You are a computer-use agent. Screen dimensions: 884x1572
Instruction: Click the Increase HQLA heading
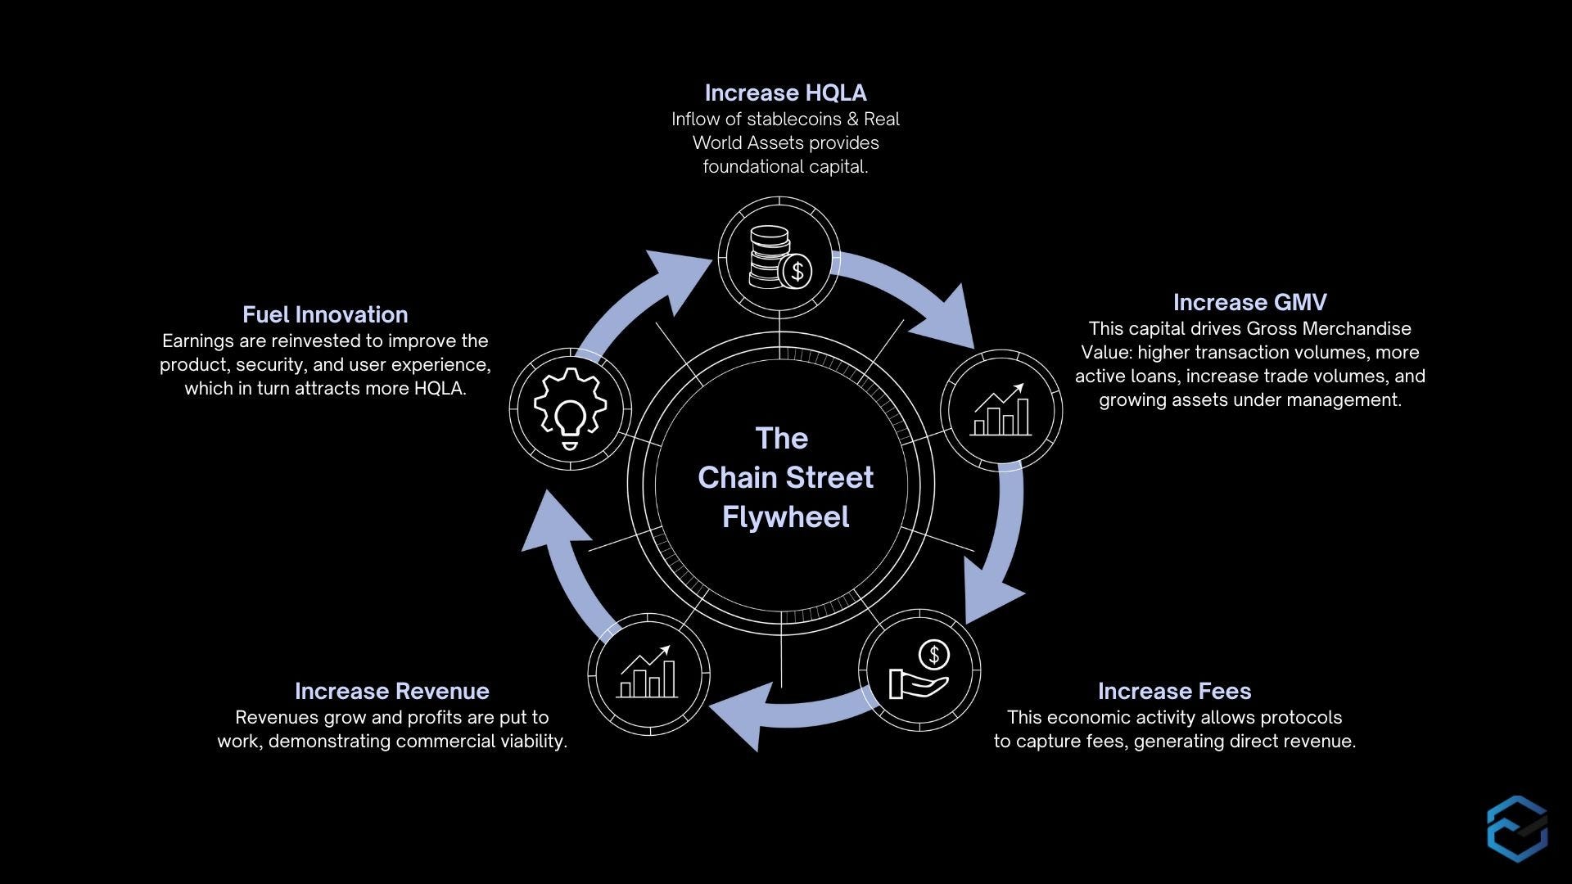click(x=785, y=93)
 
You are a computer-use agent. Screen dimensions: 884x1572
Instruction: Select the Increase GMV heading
click(x=1249, y=303)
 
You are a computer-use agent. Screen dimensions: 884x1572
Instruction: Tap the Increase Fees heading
click(x=1174, y=692)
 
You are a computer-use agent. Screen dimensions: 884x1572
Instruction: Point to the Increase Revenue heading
click(x=391, y=692)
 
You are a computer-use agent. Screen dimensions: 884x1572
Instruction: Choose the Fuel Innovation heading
click(x=325, y=315)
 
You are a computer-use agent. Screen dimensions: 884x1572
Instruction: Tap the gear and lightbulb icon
click(x=570, y=408)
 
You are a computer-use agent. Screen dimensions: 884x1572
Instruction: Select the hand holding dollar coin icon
click(x=919, y=670)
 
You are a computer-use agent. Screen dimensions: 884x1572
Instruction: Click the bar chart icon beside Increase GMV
click(x=1001, y=410)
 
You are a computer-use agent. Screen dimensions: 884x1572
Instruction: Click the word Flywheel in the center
click(x=785, y=517)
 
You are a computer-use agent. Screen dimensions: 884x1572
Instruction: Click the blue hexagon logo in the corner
click(x=1517, y=828)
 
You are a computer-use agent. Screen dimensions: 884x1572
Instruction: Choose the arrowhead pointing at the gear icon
click(x=553, y=524)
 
